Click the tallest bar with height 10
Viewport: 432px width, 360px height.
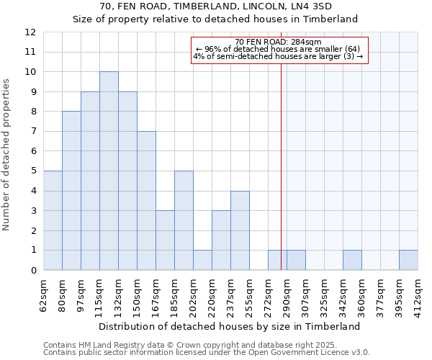click(x=109, y=171)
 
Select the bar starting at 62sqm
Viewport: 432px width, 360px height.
click(x=53, y=220)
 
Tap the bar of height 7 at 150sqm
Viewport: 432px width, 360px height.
click(x=146, y=201)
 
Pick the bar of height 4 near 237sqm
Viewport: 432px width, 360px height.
click(x=240, y=230)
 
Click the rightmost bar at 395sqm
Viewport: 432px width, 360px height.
click(x=408, y=260)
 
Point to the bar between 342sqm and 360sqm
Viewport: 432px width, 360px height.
click(x=352, y=260)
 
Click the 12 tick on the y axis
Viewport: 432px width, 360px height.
click(x=30, y=32)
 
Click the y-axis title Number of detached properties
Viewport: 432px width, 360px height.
click(x=6, y=156)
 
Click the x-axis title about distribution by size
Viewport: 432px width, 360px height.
click(x=228, y=326)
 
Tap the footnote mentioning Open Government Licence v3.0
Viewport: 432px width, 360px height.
click(x=207, y=352)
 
